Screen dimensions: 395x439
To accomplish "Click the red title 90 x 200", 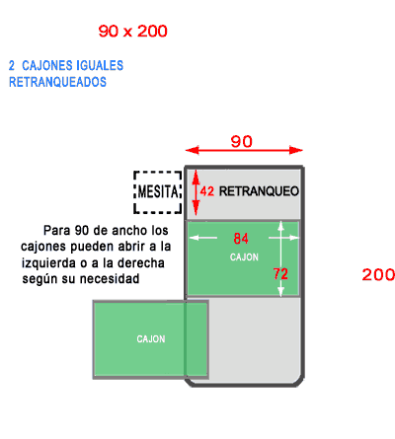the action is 132,32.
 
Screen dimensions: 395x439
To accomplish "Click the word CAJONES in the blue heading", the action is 44,65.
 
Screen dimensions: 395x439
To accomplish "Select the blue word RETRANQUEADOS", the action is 57,82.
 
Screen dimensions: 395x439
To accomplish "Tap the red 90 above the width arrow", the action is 241,141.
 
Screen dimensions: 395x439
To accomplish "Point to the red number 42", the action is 207,191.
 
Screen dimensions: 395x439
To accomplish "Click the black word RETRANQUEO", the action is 259,191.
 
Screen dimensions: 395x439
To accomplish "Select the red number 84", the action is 241,238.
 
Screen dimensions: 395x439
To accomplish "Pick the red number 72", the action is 280,273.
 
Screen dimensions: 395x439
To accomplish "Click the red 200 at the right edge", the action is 378,274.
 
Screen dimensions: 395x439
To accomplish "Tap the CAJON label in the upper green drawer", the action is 244,256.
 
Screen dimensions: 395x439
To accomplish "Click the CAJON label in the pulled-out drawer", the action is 151,338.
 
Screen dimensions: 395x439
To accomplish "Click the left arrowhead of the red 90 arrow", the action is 193,150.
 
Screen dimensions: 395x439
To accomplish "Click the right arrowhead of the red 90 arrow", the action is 296,150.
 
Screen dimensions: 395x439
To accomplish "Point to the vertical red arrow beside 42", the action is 196,192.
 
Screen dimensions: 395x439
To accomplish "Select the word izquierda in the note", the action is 48,263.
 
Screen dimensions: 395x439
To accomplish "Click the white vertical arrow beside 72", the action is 280,258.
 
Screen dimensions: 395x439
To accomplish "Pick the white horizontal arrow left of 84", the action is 203,238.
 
